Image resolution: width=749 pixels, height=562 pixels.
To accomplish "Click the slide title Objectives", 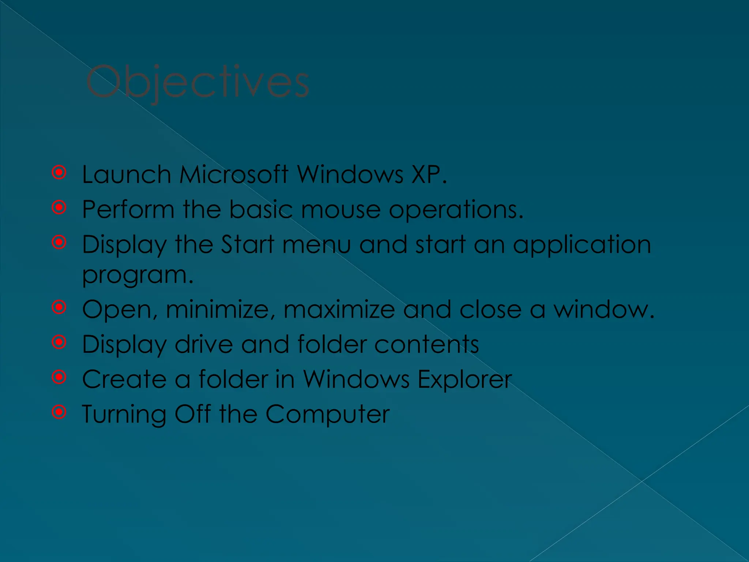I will (x=197, y=82).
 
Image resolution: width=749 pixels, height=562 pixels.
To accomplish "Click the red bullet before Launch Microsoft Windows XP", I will (x=59, y=172).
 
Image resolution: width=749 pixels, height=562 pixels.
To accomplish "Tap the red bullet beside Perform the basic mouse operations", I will (x=59, y=207).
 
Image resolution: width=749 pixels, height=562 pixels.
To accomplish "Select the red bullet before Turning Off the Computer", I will (x=59, y=412).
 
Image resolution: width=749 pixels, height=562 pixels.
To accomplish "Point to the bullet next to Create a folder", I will (x=59, y=377).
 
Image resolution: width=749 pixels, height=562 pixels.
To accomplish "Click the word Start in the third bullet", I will (x=248, y=244).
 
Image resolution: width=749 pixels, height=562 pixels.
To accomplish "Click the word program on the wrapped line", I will (x=134, y=275).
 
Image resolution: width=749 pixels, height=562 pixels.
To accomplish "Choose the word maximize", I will (x=339, y=310).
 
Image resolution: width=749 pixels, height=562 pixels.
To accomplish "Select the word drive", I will (x=204, y=344).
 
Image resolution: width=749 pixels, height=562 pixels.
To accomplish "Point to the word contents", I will (x=426, y=344).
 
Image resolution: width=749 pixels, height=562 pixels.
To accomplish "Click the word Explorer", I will (x=464, y=379).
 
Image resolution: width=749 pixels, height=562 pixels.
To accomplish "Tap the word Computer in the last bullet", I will (x=327, y=415).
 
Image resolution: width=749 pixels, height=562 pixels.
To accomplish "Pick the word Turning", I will (x=124, y=415).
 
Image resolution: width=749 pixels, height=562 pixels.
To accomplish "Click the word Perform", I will (x=128, y=209).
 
